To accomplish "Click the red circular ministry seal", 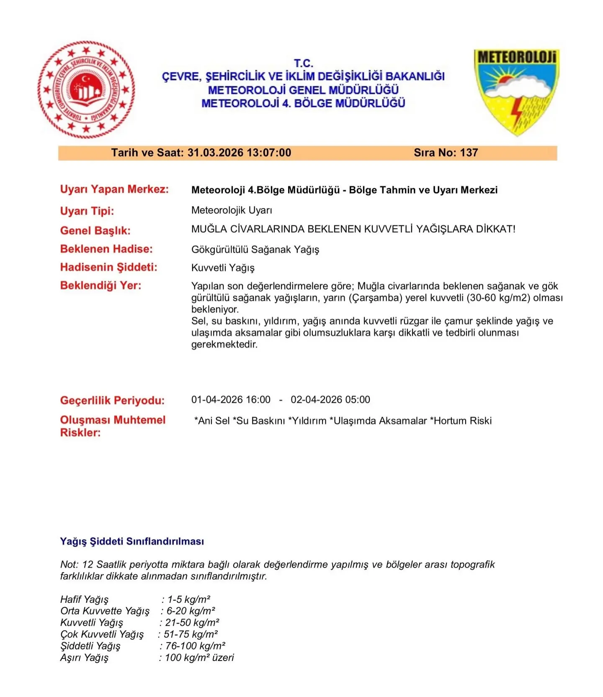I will click(x=86, y=90).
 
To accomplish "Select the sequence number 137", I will click(x=469, y=153).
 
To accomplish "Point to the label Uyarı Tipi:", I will click(x=87, y=211).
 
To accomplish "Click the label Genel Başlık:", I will click(x=95, y=230).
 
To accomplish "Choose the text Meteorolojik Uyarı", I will click(x=232, y=210).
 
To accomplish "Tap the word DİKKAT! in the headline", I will click(x=496, y=229).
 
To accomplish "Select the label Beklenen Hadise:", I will click(x=106, y=249).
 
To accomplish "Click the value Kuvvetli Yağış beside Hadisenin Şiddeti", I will click(x=223, y=268).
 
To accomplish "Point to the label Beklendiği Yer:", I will click(x=101, y=286).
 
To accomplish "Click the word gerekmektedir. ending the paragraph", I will click(x=224, y=345).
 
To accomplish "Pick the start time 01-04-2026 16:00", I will click(x=231, y=400).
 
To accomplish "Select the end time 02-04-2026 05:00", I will click(x=330, y=400).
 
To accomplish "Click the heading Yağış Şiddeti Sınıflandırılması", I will click(x=132, y=541).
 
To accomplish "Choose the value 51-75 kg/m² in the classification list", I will click(x=191, y=634).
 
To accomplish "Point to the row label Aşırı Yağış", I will click(x=84, y=658).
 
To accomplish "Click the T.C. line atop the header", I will click(x=304, y=63).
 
